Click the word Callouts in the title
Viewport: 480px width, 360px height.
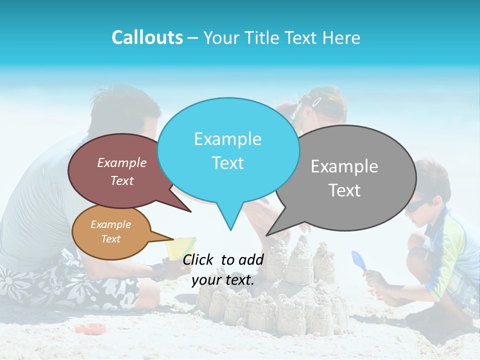click(147, 37)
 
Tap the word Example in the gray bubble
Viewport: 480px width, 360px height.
click(344, 166)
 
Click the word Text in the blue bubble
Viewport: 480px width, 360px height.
click(227, 163)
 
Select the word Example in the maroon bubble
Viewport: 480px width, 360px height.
click(121, 162)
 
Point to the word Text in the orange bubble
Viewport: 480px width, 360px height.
click(110, 238)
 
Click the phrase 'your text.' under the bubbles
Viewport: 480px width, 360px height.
click(223, 280)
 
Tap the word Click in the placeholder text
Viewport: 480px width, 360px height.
click(198, 259)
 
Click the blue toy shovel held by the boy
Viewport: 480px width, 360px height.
click(358, 259)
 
